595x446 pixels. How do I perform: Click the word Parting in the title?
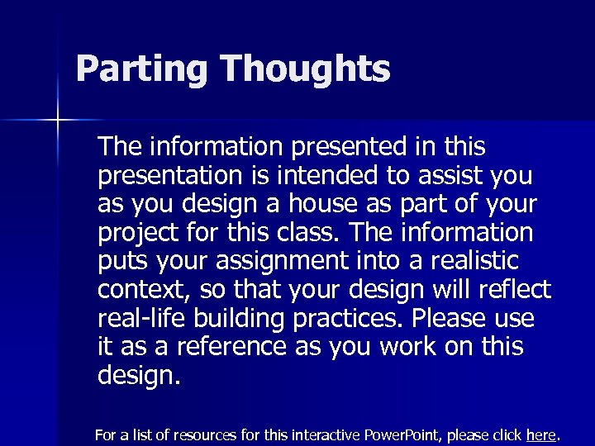click(x=140, y=69)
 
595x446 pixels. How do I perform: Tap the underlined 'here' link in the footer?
click(x=541, y=434)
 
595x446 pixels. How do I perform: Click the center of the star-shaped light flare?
click(x=59, y=121)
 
